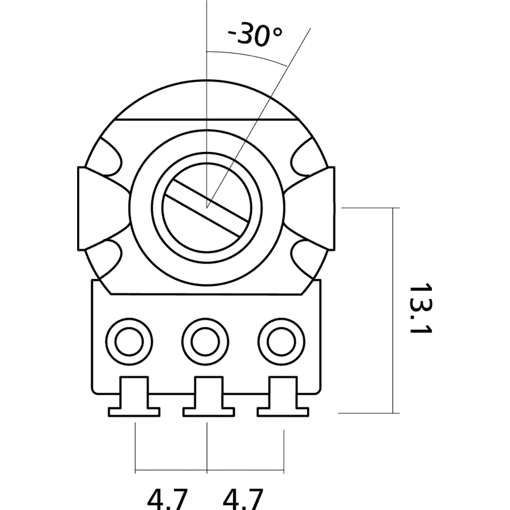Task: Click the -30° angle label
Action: [x=254, y=36]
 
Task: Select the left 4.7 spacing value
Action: [x=167, y=499]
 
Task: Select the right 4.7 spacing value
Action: [x=243, y=499]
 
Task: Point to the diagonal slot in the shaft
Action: [x=206, y=207]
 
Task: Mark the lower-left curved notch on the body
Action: [x=109, y=256]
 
